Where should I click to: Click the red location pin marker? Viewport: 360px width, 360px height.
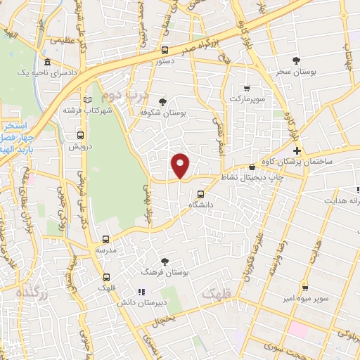pyautogui.click(x=181, y=165)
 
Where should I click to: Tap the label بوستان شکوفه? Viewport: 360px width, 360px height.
pyautogui.click(x=163, y=112)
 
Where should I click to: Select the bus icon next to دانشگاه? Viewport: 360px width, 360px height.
pyautogui.click(x=201, y=193)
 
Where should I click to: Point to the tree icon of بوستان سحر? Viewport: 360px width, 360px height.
pyautogui.click(x=296, y=61)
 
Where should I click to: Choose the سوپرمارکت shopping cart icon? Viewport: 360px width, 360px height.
pyautogui.click(x=246, y=89)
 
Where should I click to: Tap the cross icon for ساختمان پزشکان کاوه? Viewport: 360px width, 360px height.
pyautogui.click(x=297, y=151)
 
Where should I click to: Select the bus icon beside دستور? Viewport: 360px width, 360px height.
pyautogui.click(x=165, y=50)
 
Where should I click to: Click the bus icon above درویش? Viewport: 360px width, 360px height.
pyautogui.click(x=80, y=135)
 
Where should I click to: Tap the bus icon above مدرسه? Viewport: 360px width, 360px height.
pyautogui.click(x=106, y=239)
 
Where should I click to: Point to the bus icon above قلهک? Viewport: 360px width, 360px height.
pyautogui.click(x=106, y=276)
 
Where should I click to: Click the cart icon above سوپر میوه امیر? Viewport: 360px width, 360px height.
pyautogui.click(x=305, y=288)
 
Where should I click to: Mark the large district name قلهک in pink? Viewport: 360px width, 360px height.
pyautogui.click(x=217, y=291)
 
